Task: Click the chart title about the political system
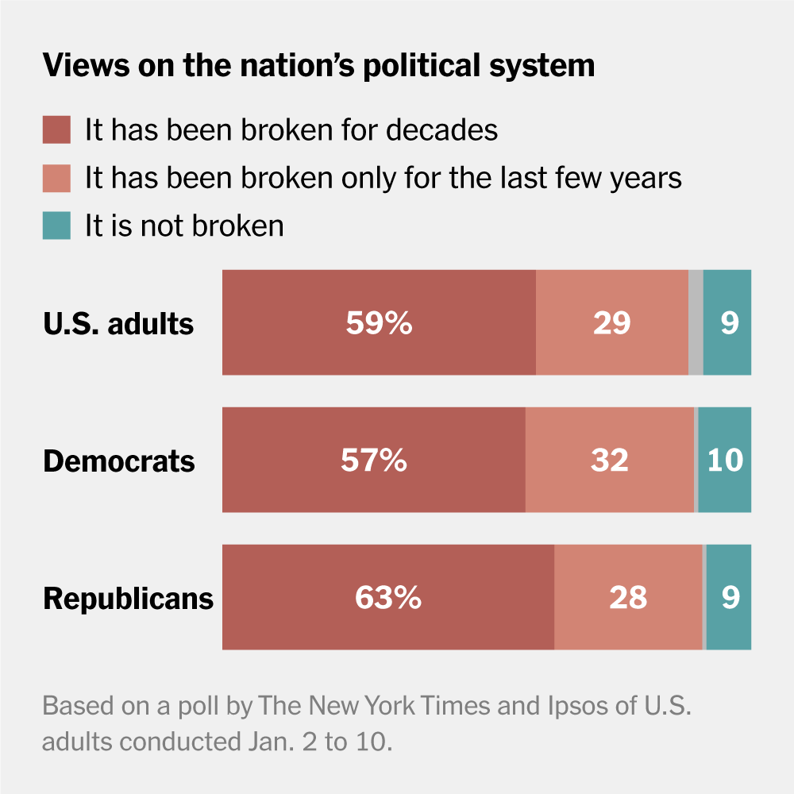pos(318,65)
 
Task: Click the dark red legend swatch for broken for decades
pos(56,129)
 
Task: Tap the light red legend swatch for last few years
pos(56,178)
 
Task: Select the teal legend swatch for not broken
pos(56,225)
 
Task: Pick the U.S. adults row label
pos(118,323)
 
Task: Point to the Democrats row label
pos(119,461)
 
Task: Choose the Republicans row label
pos(129,598)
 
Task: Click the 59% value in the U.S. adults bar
pos(379,322)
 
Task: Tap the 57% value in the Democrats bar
pos(374,461)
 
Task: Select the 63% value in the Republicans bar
pos(387,598)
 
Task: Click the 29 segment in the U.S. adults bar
pos(612,322)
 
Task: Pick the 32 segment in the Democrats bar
pos(610,461)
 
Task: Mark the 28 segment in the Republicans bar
pos(628,598)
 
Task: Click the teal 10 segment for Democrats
pos(725,461)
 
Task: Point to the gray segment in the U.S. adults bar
pos(696,322)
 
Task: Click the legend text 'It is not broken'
pos(184,225)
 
